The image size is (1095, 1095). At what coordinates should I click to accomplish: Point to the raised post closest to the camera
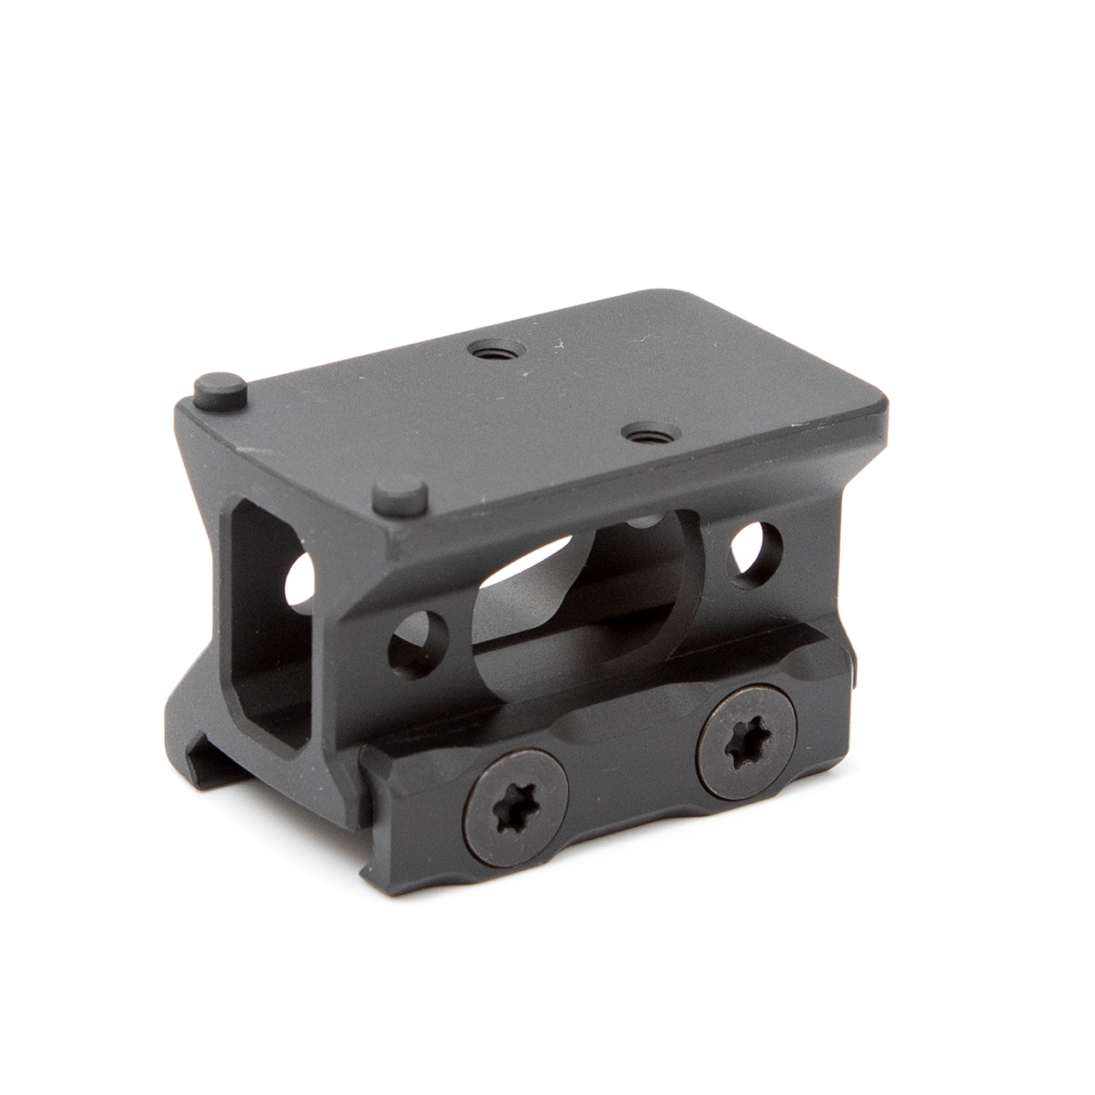pyautogui.click(x=401, y=497)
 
